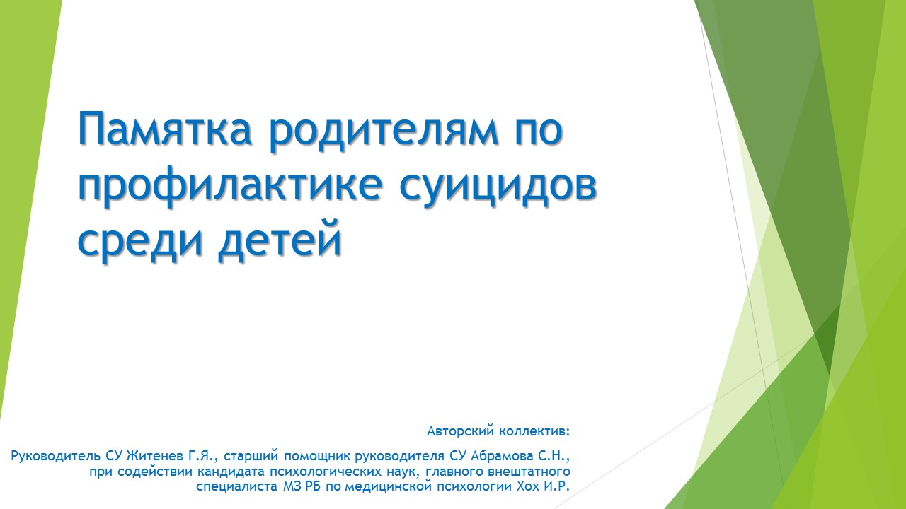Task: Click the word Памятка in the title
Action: coord(165,129)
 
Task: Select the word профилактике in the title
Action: coord(230,185)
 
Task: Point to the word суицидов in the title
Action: coord(498,187)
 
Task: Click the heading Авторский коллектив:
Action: coord(498,431)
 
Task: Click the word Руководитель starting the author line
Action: coord(56,456)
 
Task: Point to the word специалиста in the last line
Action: coord(237,486)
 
